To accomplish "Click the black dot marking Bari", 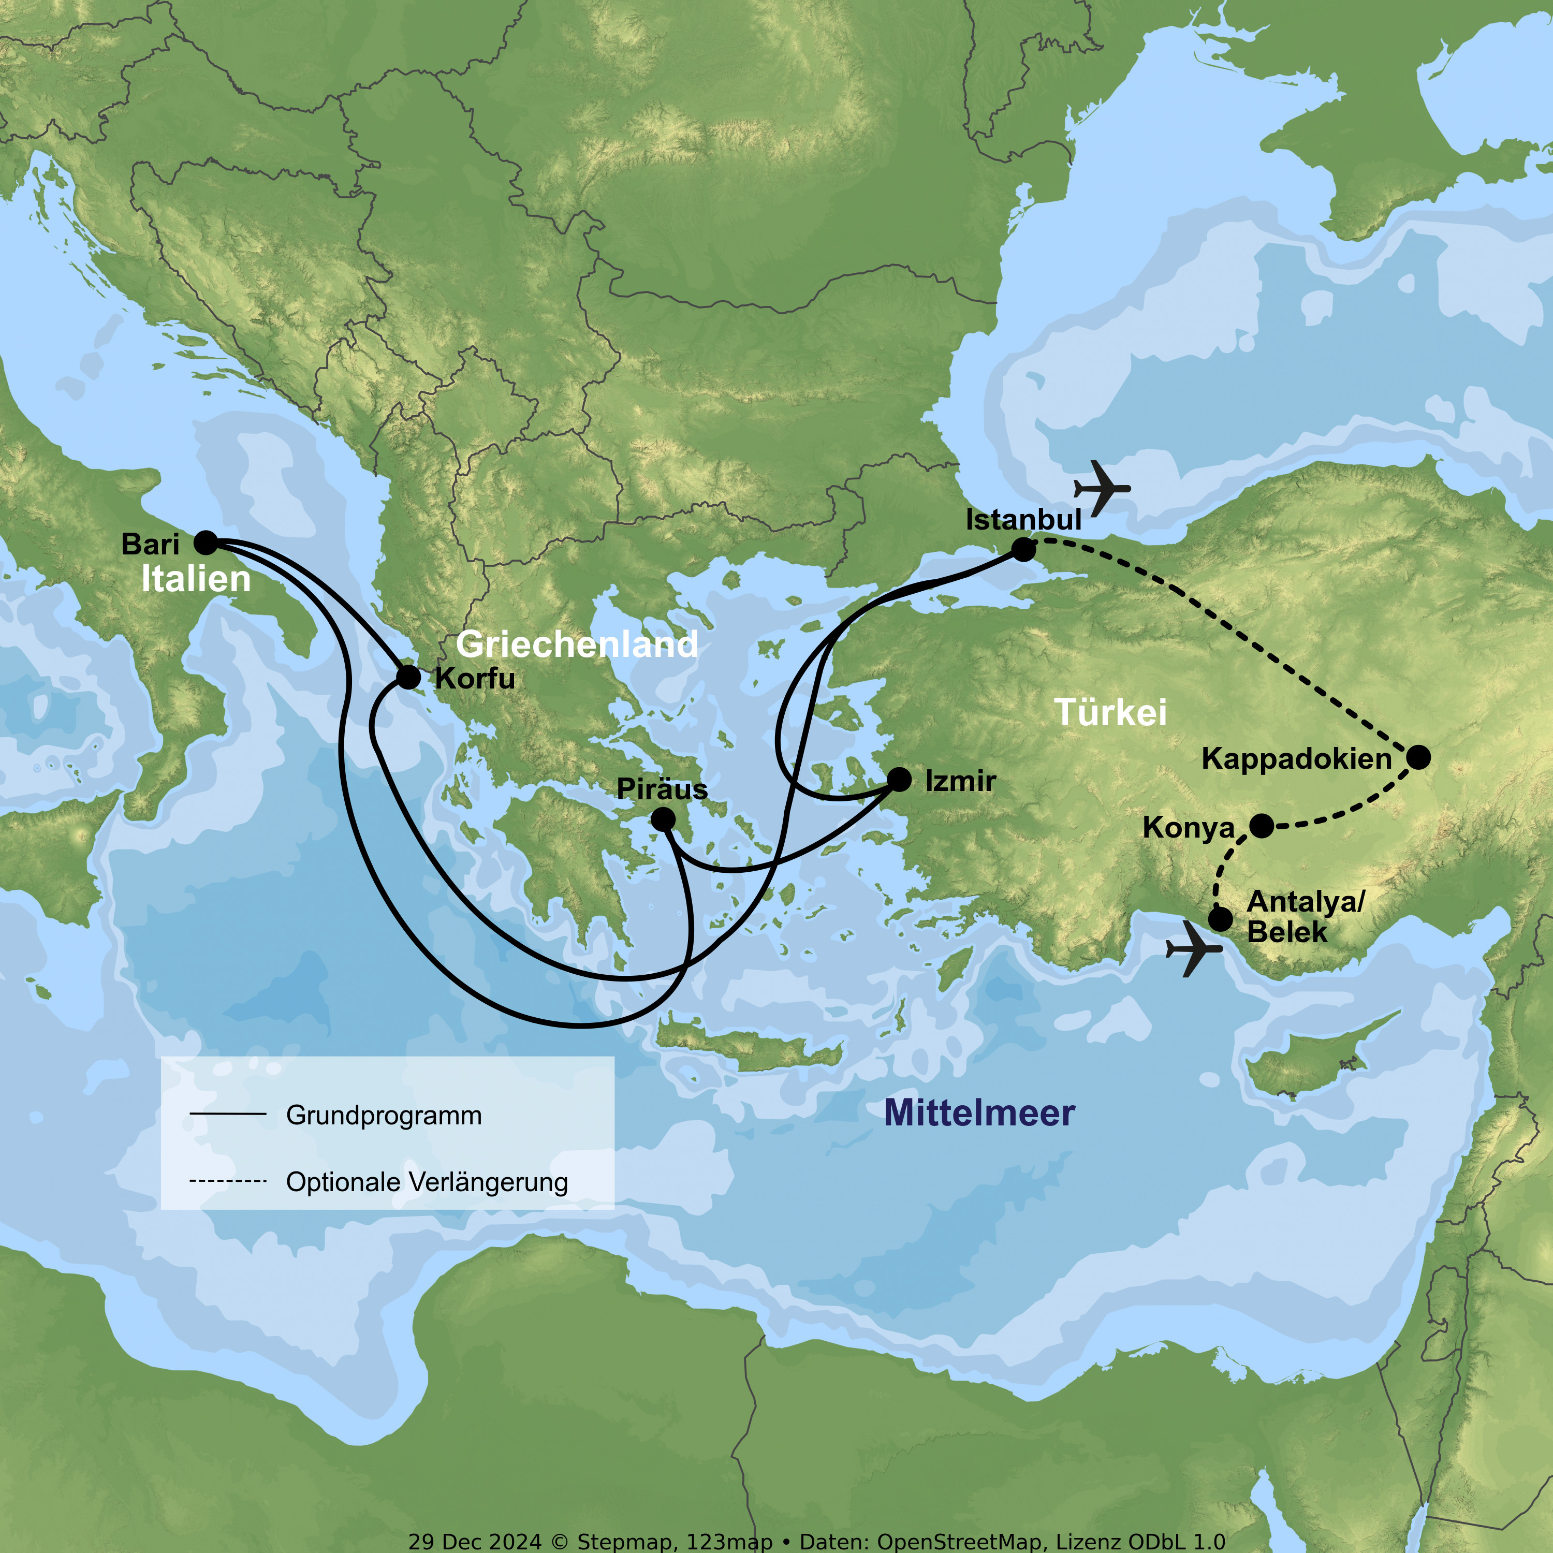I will tap(206, 543).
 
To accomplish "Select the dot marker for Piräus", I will tap(663, 819).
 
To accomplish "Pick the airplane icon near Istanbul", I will tap(1102, 487).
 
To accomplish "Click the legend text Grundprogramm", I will tap(384, 1116).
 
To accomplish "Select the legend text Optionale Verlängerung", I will tap(427, 1182).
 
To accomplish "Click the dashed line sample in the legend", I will tap(227, 1181).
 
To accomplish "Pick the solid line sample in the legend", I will tap(227, 1114).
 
